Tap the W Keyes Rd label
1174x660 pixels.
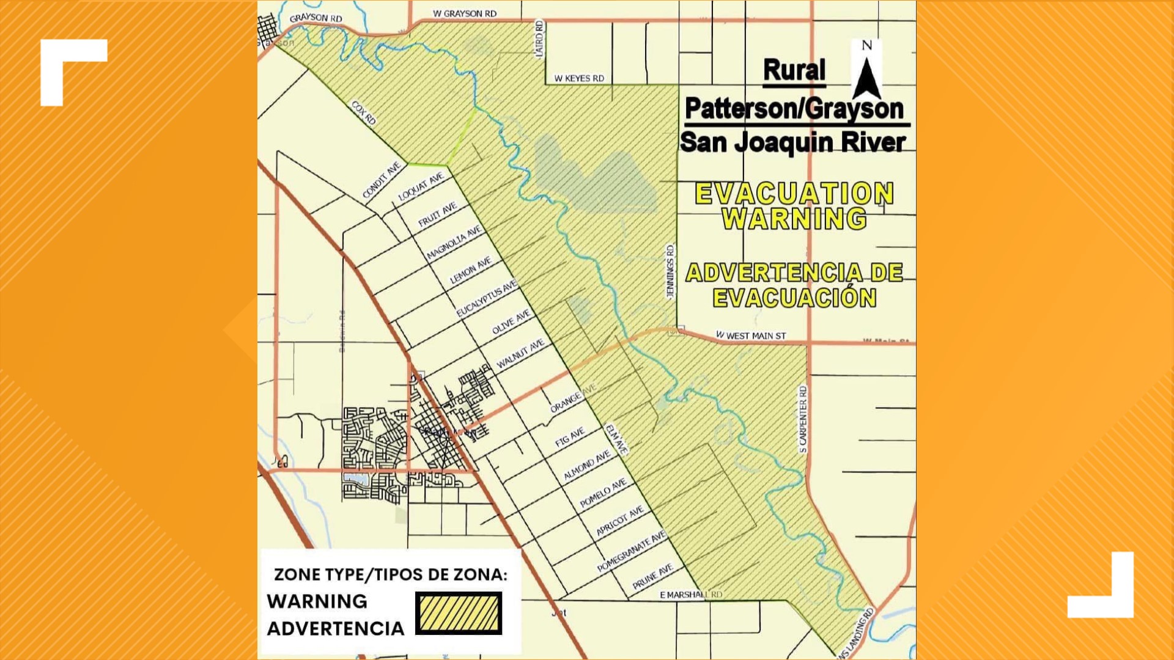tap(578, 78)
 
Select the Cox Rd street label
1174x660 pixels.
tap(363, 113)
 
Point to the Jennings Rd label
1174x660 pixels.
tap(671, 271)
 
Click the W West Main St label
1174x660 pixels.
tap(751, 335)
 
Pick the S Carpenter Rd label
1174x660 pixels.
tap(803, 419)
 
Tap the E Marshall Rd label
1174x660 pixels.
tap(691, 595)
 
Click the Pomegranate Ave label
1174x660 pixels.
tap(632, 551)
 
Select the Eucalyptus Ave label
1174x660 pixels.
tap(487, 298)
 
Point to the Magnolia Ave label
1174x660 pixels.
tap(454, 243)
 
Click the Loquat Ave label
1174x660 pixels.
tap(421, 187)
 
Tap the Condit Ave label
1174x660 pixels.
tap(382, 180)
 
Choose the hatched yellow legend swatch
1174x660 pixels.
tap(459, 613)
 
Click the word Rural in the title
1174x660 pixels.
tap(794, 70)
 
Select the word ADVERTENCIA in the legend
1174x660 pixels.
tap(336, 628)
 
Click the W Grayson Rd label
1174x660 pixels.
tap(465, 13)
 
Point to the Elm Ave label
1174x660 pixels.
tap(616, 439)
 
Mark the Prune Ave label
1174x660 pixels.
tap(652, 576)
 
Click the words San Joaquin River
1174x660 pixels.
tap(792, 142)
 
